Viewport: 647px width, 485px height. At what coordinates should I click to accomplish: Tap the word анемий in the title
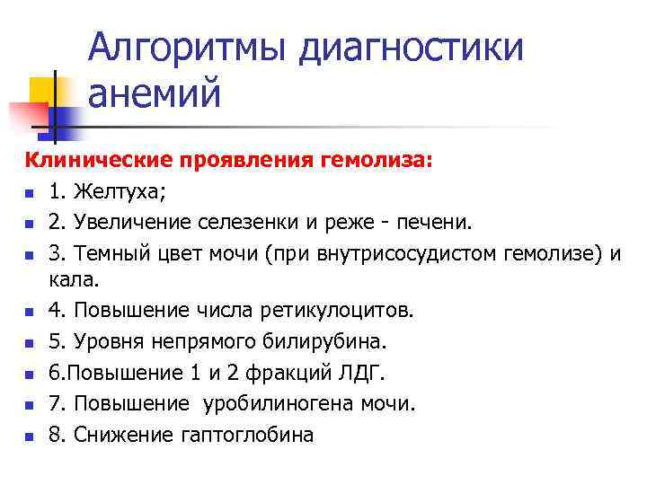pos(154,93)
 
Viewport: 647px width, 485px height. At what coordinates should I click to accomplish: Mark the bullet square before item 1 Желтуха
pos(30,193)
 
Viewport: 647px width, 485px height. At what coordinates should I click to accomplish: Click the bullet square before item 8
pos(30,436)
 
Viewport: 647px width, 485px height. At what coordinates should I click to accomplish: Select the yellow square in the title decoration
pos(43,90)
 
